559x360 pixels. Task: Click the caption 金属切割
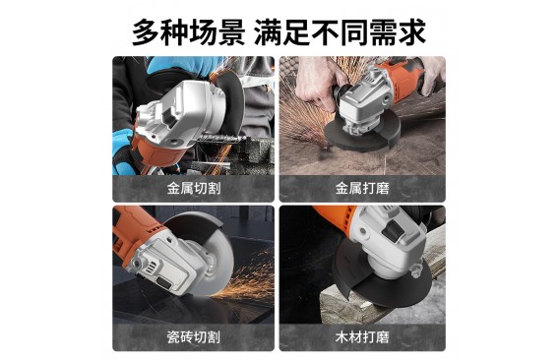click(194, 188)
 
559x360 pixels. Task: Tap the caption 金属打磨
click(362, 188)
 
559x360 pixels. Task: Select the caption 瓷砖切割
click(194, 336)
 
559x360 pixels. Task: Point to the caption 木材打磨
click(362, 336)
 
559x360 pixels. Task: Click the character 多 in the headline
click(147, 32)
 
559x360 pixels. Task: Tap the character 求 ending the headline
click(412, 32)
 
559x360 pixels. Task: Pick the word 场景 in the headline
click(217, 32)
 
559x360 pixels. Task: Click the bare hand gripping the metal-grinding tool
click(317, 83)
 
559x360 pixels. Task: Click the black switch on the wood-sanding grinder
click(393, 230)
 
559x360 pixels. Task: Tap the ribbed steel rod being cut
click(219, 139)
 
